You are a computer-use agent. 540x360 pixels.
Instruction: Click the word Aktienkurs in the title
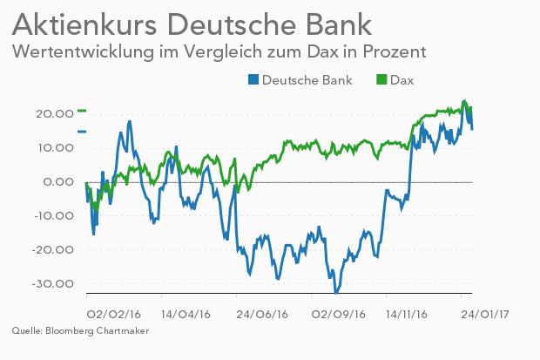(84, 24)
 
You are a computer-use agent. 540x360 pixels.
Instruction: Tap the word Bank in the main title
(337, 24)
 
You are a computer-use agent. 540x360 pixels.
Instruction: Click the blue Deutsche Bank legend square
(253, 79)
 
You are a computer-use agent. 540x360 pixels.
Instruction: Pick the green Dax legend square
(381, 79)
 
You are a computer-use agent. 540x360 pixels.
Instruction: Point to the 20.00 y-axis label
(55, 114)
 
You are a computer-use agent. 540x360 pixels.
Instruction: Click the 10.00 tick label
(56, 148)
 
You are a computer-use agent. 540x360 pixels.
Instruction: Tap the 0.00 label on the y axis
(58, 181)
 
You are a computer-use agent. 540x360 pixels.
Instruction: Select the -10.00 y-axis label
(54, 216)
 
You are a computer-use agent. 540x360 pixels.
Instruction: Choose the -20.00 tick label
(52, 249)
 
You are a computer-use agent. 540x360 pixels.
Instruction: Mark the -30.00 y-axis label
(52, 284)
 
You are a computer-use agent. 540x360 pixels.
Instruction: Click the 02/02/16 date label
(113, 315)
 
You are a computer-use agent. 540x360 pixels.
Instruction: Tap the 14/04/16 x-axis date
(186, 315)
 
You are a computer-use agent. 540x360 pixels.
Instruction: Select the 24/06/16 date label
(262, 315)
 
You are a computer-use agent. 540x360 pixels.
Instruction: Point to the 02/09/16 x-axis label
(338, 315)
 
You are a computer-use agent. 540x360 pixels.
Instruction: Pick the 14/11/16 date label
(407, 315)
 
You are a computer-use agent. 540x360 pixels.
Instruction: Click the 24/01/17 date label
(485, 315)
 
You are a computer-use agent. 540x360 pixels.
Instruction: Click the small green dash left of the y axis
(82, 111)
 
